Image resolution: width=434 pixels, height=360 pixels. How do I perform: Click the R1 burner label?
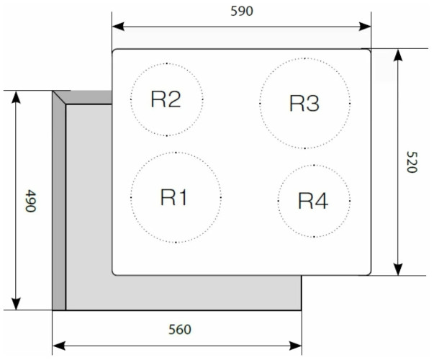(174, 197)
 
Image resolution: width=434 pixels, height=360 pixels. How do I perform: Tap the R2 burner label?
(166, 99)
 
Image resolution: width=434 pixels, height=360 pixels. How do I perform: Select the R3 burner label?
(304, 104)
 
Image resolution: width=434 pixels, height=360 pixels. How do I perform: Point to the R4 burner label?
(313, 201)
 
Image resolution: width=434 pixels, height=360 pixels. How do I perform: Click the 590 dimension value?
(242, 11)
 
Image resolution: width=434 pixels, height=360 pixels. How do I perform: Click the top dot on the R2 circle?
(167, 63)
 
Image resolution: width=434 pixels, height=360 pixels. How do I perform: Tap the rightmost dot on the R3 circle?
(350, 103)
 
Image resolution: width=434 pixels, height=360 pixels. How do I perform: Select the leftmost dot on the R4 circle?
(278, 200)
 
